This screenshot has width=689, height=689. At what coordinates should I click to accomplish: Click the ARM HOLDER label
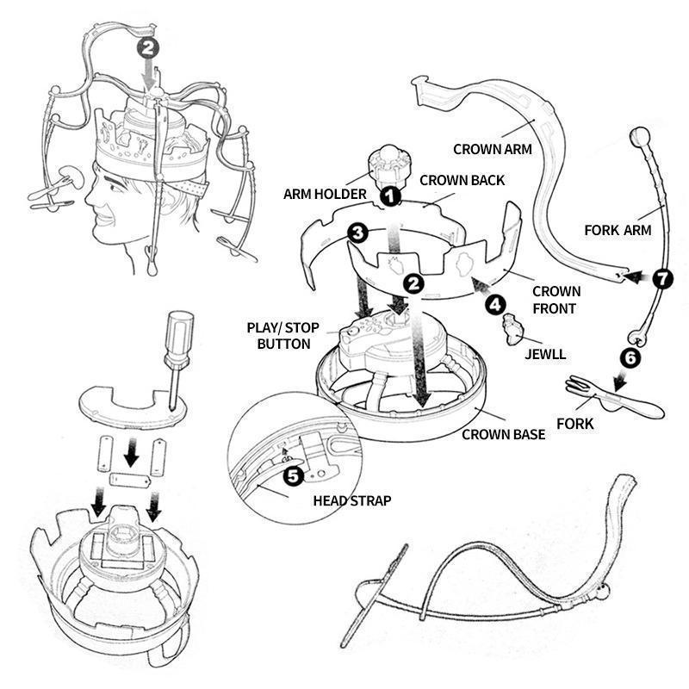pos(325,194)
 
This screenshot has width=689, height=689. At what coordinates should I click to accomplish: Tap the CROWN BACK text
pos(462,181)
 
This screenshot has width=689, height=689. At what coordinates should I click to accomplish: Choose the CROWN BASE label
pos(503,434)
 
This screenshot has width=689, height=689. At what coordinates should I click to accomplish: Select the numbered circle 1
pos(390,196)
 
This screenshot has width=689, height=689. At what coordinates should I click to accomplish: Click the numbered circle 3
pos(357,233)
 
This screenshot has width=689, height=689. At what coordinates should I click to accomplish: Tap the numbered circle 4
pos(494,303)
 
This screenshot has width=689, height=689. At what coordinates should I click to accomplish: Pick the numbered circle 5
pos(292,474)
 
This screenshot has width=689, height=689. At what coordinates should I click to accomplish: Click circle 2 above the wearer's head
pos(150,48)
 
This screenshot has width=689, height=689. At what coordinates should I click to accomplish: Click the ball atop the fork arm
pos(641,137)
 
